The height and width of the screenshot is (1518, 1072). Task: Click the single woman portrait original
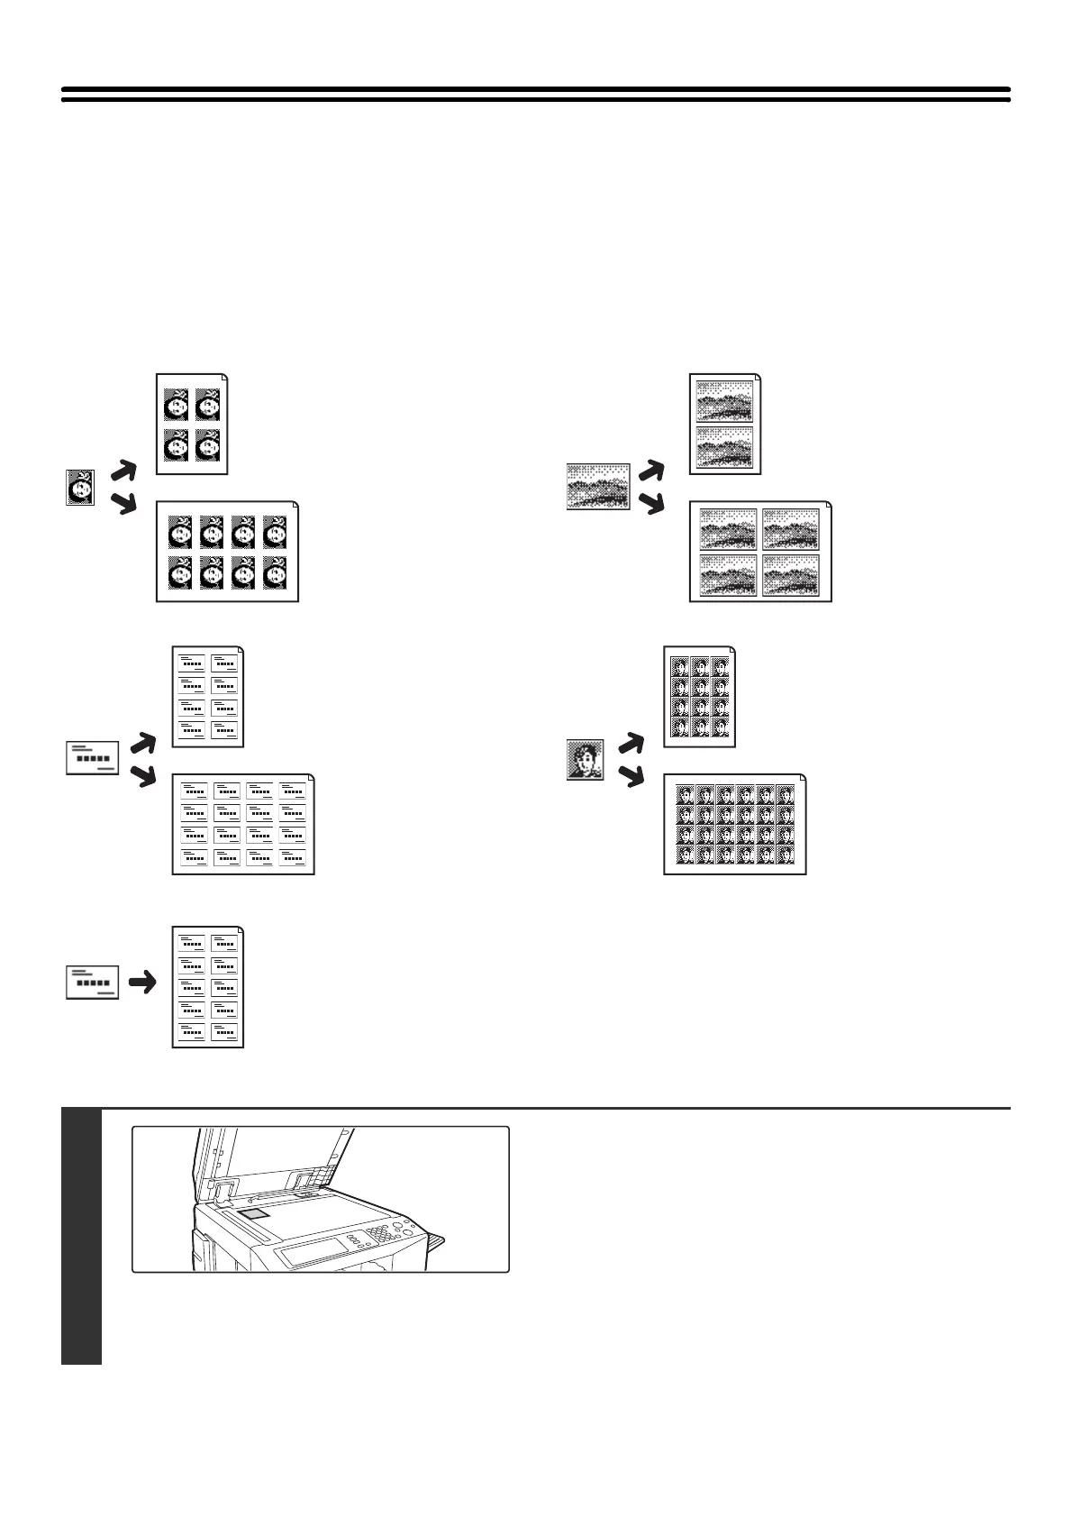point(80,488)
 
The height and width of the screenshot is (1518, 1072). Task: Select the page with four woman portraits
point(192,424)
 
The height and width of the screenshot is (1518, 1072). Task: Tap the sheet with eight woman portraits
point(227,552)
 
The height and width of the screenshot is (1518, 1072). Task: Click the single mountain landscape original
point(597,487)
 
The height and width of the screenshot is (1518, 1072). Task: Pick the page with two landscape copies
point(725,424)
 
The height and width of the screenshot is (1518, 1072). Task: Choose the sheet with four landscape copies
point(760,552)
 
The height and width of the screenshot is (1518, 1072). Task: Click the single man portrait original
point(585,760)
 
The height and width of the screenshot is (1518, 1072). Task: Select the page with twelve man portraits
point(699,696)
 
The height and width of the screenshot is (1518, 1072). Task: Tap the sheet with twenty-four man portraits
point(735,824)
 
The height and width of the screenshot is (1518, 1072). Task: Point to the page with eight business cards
point(208,696)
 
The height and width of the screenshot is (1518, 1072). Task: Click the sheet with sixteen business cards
point(243,824)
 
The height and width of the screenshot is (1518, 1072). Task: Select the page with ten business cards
point(208,986)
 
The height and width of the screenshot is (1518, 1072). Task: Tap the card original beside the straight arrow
point(93,982)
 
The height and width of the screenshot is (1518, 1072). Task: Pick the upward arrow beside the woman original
point(124,471)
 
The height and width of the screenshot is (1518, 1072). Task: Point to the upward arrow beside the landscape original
point(650,470)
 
